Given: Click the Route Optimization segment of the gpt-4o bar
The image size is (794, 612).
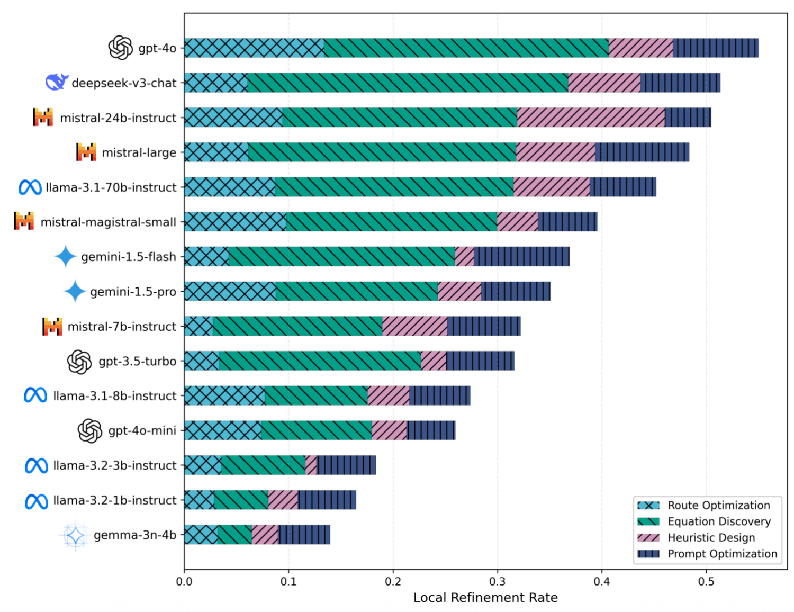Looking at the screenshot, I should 254,48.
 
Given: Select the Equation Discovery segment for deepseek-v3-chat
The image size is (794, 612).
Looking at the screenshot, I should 408,83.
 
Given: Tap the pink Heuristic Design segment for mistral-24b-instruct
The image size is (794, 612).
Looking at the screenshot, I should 591,118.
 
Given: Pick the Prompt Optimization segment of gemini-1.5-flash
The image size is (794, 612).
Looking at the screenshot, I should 521,257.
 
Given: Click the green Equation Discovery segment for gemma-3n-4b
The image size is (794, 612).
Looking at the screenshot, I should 234,535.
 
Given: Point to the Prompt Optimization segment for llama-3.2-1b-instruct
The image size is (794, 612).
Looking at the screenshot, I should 327,500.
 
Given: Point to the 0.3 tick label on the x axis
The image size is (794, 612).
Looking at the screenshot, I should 497,581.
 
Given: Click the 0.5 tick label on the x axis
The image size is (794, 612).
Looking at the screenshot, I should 706,581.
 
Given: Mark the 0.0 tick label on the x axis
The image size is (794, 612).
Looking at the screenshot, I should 184,581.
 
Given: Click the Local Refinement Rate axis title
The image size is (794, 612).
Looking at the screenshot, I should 485,598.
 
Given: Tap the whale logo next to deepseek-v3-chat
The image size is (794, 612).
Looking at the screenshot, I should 57,82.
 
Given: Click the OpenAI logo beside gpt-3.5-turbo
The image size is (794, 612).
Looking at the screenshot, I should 79,362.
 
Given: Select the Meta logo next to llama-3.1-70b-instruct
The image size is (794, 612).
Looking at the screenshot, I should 30,187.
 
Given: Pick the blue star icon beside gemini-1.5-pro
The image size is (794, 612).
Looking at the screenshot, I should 75,291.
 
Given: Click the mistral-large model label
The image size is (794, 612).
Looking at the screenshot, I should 139,153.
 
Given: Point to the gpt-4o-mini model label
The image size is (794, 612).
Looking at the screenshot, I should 142,431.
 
